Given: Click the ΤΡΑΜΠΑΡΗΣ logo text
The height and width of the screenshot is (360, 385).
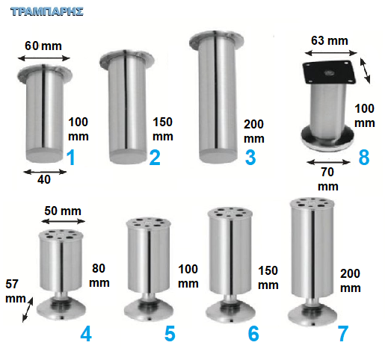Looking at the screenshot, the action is click(x=47, y=12).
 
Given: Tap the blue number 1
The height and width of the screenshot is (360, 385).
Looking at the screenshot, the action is click(x=71, y=158).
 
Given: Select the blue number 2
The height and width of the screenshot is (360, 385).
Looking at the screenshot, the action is click(x=155, y=158).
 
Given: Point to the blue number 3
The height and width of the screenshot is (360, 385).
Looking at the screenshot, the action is click(x=250, y=158).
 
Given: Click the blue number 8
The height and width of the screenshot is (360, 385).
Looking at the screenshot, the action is click(x=364, y=158).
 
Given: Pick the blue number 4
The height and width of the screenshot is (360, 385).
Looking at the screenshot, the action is click(x=86, y=334).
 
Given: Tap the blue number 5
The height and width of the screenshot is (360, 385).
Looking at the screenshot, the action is click(x=170, y=334).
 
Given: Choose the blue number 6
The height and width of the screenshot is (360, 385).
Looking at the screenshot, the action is click(x=253, y=334).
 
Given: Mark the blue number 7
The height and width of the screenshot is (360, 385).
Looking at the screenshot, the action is click(x=343, y=334).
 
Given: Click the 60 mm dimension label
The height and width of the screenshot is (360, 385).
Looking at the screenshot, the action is click(x=43, y=46).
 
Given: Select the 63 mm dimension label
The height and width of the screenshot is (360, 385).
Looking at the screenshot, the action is click(x=330, y=40).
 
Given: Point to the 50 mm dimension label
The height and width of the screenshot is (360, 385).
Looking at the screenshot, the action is click(x=63, y=211).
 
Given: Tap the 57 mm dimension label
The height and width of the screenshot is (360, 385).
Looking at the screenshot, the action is click(x=16, y=291).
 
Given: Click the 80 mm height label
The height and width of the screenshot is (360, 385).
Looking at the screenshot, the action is click(x=99, y=276).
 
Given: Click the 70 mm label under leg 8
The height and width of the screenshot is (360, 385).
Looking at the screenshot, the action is click(x=328, y=179).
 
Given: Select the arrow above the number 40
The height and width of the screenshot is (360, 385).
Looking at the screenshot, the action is click(x=45, y=172).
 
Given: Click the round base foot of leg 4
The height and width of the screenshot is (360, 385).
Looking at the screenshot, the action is click(x=61, y=310).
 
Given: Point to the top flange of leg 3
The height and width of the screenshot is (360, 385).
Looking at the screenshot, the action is click(x=216, y=40).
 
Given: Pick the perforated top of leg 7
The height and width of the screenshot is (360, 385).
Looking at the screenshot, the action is click(x=312, y=203).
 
